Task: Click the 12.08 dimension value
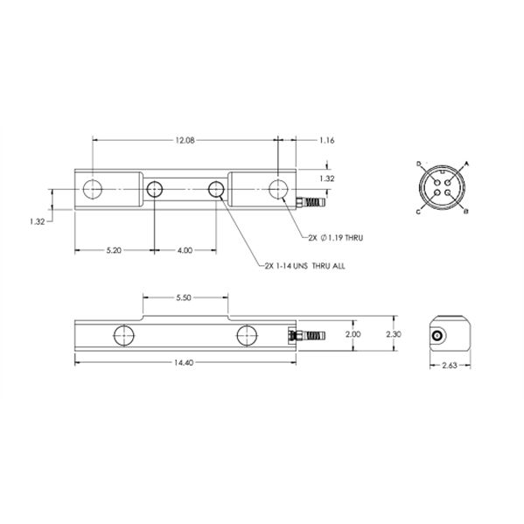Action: coord(185,140)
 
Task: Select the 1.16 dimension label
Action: coord(326,140)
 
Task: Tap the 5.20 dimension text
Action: coord(114,250)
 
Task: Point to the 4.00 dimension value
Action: coord(185,250)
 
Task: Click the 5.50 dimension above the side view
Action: coord(184,297)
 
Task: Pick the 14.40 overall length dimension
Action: coord(184,362)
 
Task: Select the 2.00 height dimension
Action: coord(353,334)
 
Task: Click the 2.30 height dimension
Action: coord(394,334)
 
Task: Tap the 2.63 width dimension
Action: coord(450,366)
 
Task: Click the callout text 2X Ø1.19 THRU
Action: coord(336,238)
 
